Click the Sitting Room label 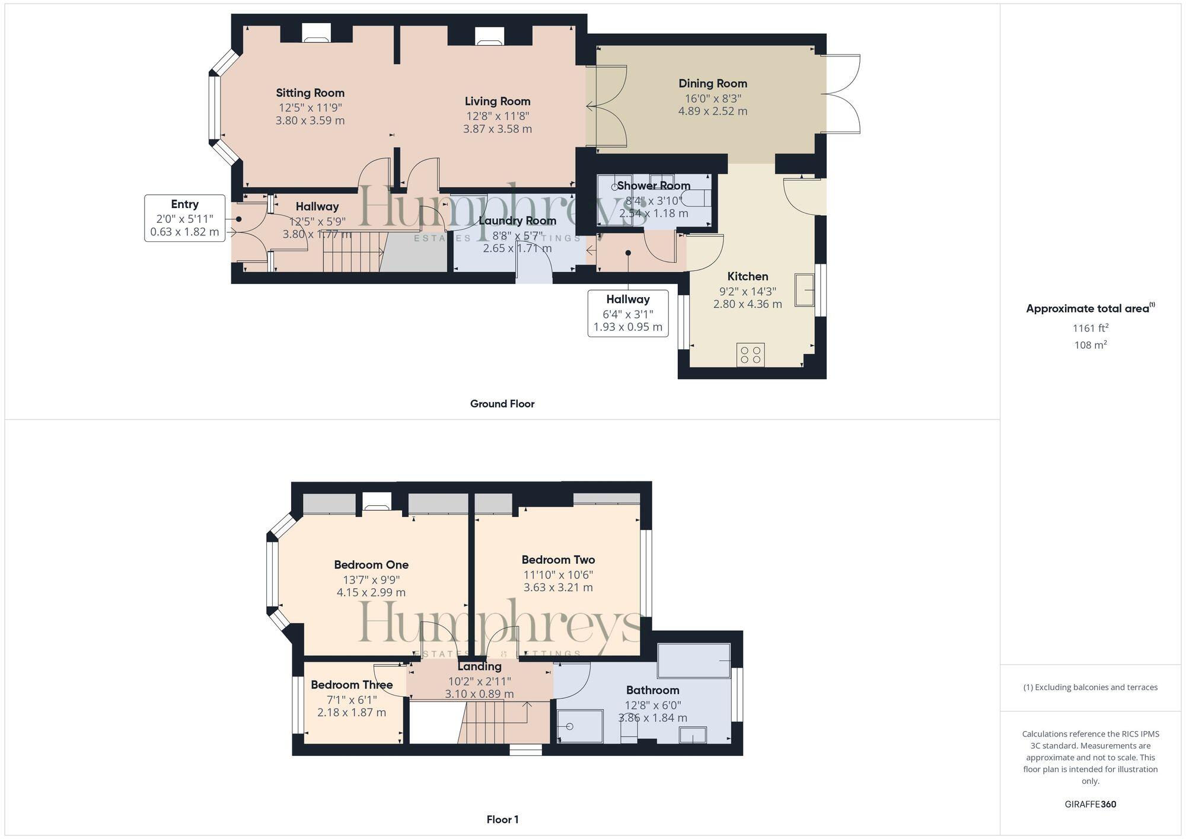coord(310,92)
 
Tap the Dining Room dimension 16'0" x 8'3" coord(713,98)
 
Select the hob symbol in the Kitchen coord(750,355)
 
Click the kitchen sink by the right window coord(805,290)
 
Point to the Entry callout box coord(184,218)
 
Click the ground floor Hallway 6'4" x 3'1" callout coord(627,313)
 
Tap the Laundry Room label coord(517,221)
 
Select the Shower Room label coord(653,186)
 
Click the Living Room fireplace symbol coord(490,36)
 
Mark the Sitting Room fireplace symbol coord(315,33)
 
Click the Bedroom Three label coord(352,685)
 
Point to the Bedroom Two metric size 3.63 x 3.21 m coord(558,588)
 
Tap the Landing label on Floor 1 coord(479,666)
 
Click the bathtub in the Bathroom coord(694,661)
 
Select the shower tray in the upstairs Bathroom coord(581,726)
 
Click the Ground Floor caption coord(502,404)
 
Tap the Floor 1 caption coord(502,819)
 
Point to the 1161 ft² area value coord(1090,328)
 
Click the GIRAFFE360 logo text coord(1090,805)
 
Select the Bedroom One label coord(371,564)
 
